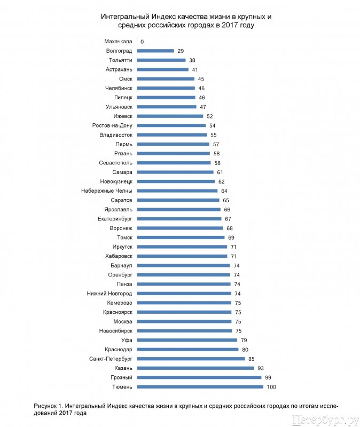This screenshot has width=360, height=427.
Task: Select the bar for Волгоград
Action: pyautogui.click(x=155, y=51)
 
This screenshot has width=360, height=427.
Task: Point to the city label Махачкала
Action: pyautogui.click(x=119, y=41)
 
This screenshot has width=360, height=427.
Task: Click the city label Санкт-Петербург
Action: pyautogui.click(x=111, y=359)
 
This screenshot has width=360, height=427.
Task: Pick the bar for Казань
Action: pyautogui.click(x=195, y=368)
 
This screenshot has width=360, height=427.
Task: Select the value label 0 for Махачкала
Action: pyautogui.click(x=142, y=41)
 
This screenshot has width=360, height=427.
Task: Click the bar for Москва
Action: pyautogui.click(x=184, y=321)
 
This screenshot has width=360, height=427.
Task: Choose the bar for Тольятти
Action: pyautogui.click(x=161, y=60)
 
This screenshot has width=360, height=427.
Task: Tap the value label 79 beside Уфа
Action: pyautogui.click(x=244, y=340)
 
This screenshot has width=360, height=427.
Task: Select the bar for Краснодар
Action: pyautogui.click(x=187, y=350)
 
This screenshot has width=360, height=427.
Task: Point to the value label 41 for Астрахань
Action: pyautogui.click(x=195, y=69)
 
